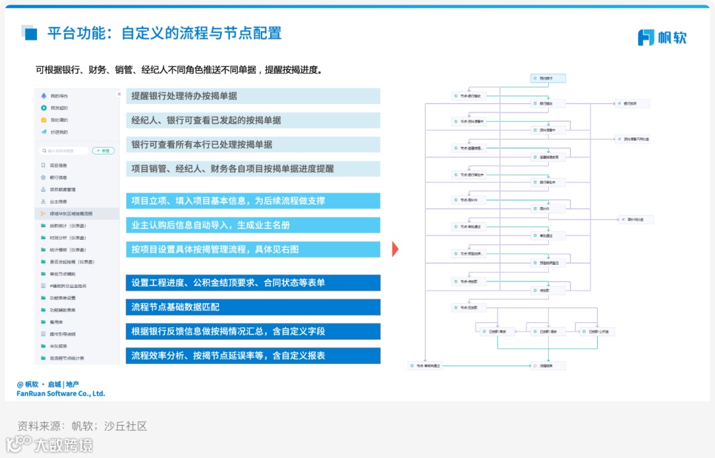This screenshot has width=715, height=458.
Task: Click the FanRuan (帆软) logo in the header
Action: tap(662, 37)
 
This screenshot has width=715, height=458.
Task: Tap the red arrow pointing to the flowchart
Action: tap(395, 250)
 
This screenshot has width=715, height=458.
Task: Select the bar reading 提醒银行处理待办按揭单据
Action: tap(253, 96)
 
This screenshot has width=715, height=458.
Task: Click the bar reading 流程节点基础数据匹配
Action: tap(253, 307)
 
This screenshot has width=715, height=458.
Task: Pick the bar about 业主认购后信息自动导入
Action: tap(253, 226)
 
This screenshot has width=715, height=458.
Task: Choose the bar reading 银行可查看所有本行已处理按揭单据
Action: tap(253, 144)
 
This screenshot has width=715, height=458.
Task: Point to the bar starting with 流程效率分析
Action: tap(253, 355)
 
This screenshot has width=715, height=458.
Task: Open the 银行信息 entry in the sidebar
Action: tap(58, 177)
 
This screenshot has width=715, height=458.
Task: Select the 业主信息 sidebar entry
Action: tap(58, 202)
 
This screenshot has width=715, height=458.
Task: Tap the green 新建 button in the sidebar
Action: tap(103, 151)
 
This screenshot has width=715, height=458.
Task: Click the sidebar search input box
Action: tap(64, 151)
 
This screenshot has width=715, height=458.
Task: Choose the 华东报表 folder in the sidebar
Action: tap(58, 346)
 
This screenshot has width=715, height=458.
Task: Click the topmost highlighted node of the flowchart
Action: tap(548, 78)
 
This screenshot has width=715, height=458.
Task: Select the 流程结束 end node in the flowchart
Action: tap(548, 365)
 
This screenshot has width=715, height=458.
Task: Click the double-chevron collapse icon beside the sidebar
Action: tap(119, 94)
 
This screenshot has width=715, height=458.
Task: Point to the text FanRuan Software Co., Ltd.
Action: tap(61, 394)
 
